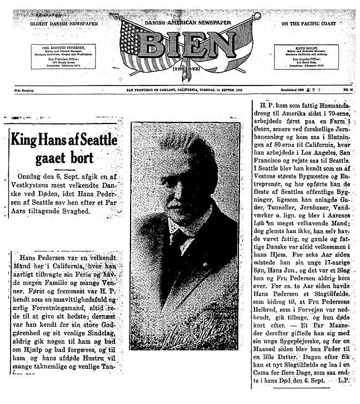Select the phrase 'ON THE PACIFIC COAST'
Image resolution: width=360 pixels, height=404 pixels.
tap(309, 24)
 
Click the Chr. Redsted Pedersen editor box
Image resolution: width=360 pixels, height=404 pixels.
tap(63, 56)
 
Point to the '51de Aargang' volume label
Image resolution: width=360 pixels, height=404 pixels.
tap(26, 89)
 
